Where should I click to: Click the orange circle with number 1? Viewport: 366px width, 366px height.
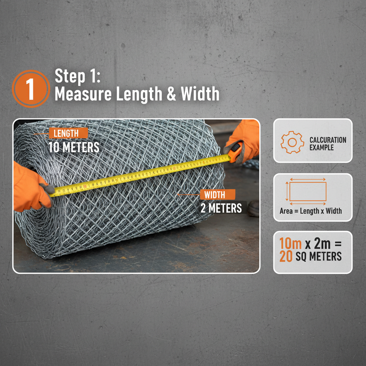click(x=31, y=89)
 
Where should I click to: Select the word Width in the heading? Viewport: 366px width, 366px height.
click(x=200, y=94)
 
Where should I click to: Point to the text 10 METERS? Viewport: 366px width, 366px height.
click(x=74, y=147)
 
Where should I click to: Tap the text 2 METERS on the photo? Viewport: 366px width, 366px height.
click(x=221, y=208)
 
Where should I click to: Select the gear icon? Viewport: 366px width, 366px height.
click(x=292, y=142)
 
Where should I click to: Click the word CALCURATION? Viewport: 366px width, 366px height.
click(x=328, y=140)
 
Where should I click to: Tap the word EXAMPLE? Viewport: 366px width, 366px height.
click(x=321, y=147)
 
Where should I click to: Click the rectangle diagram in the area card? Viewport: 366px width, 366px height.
click(x=307, y=192)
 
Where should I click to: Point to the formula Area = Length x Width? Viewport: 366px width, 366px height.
click(x=311, y=211)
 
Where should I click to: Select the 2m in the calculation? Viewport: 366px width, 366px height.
click(x=322, y=244)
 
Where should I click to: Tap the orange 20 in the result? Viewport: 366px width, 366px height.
click(x=286, y=256)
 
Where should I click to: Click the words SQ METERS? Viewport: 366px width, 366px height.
click(x=318, y=256)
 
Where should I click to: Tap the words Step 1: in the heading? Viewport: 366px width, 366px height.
click(x=75, y=76)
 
